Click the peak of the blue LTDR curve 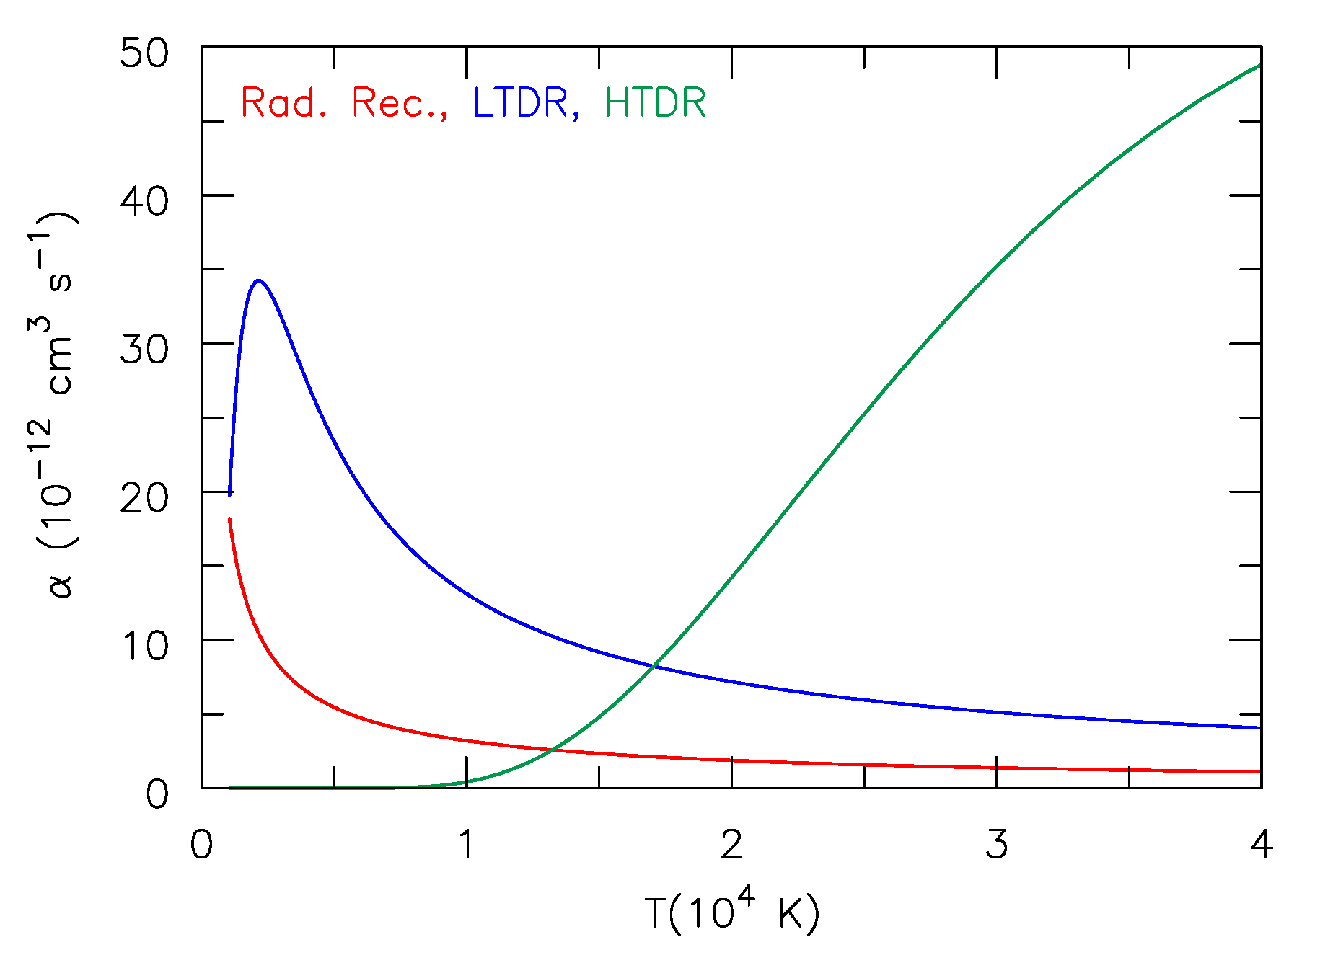coord(258,280)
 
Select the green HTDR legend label coord(655,103)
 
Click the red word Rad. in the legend coord(284,103)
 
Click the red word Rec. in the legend coord(399,103)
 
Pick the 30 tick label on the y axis coord(144,350)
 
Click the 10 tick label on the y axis coord(144,647)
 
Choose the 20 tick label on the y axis coord(144,498)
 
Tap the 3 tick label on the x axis coord(996,844)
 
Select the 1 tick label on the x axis coord(467,844)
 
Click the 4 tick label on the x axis coord(1261,844)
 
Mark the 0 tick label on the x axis coord(201,844)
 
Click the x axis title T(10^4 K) coord(731,912)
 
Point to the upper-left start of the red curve coord(229,519)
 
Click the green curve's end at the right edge coord(1259,66)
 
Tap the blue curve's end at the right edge coord(1259,728)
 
